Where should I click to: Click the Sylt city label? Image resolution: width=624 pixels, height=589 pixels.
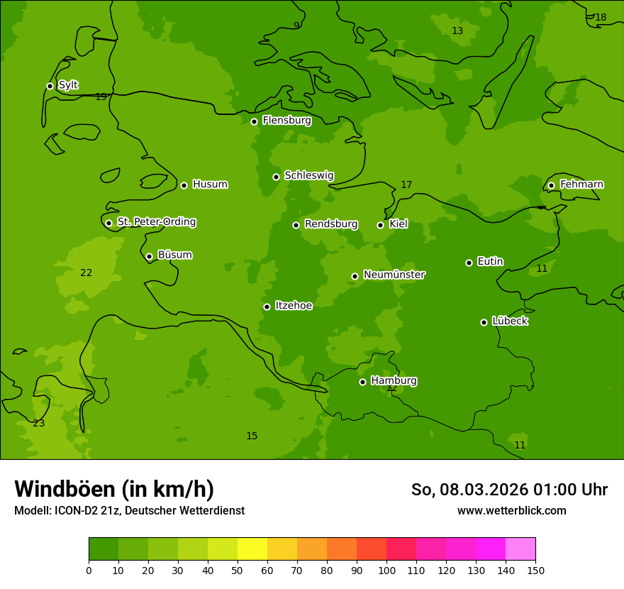[x=68, y=85]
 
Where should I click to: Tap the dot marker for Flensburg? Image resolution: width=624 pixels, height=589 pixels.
[x=254, y=121]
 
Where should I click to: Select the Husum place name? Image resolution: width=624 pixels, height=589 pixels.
[x=210, y=185]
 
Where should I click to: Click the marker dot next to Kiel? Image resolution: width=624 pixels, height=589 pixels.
[x=380, y=225]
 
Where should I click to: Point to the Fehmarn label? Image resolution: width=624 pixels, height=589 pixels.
[x=581, y=185]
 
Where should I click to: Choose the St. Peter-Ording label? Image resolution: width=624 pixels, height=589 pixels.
[x=156, y=222]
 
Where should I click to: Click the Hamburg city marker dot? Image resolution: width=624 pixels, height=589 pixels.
[x=362, y=382]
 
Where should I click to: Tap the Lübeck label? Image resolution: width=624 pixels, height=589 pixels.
[x=510, y=321]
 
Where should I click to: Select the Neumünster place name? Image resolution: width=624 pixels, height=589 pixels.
[x=394, y=275]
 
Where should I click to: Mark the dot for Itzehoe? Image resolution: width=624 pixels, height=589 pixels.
[x=267, y=307]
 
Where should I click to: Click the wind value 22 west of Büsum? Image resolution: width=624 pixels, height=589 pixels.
[x=87, y=273]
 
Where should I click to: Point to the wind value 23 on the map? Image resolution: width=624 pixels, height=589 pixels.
[x=39, y=424]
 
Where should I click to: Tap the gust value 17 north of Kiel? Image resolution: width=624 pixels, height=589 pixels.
[x=406, y=185]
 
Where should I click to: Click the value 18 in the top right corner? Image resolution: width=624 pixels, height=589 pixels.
[x=601, y=18]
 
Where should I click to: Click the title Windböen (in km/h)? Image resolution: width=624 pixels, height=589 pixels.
[x=114, y=489]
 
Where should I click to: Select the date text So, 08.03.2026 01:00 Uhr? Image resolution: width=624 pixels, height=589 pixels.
[x=509, y=490]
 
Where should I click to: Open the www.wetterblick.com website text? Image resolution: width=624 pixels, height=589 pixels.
[x=511, y=511]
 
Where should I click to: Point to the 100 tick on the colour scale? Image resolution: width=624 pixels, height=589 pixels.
[x=386, y=571]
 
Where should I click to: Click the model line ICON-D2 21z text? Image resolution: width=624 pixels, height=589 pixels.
[x=129, y=511]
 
